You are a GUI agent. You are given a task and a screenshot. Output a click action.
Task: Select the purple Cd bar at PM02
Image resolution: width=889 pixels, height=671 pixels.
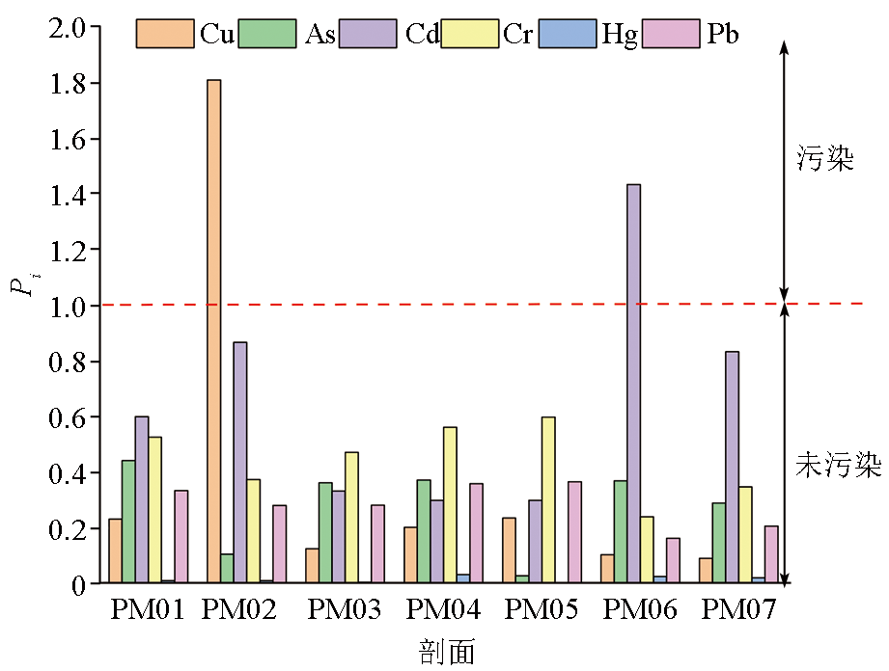239,463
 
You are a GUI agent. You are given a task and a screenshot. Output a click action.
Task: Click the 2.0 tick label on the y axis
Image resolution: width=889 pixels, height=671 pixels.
73,28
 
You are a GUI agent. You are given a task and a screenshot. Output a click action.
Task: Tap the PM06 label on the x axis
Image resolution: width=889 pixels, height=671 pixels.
640,609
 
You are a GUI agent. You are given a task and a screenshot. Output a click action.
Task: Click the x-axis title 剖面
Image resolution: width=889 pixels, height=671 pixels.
447,652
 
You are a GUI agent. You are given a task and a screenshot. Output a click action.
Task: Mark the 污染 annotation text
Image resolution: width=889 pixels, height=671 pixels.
825,159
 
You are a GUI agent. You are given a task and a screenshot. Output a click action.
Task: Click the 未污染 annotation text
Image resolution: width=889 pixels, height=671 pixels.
839,466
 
